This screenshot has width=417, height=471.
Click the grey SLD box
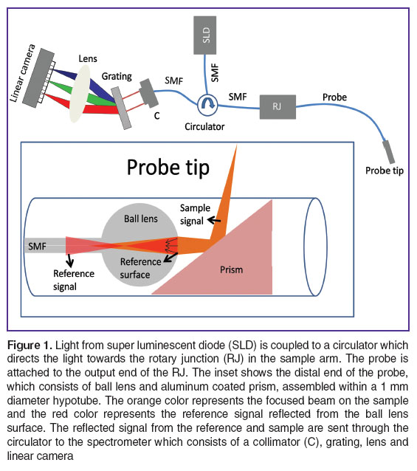coord(204,35)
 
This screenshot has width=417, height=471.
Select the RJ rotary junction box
coord(278,107)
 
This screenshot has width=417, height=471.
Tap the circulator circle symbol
coord(207,105)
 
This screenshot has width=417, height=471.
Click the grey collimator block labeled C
coord(149,93)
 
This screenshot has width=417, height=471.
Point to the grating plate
coord(121,108)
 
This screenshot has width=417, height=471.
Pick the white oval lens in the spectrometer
coord(80,94)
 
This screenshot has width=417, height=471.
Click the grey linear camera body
coord(38,77)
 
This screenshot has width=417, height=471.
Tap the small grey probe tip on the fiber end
coord(388,151)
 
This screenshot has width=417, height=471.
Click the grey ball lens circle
coord(139,245)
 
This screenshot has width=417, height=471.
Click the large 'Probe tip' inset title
coord(168,168)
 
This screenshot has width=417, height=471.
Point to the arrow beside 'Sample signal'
coord(214,220)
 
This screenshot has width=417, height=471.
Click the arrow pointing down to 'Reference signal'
coord(70,260)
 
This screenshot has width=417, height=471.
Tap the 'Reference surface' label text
coord(140,268)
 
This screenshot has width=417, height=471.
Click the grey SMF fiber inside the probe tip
coord(45,245)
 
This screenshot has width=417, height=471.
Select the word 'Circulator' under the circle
coord(204,127)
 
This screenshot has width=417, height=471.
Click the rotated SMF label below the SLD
coord(215,72)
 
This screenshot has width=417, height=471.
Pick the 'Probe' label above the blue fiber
coord(334,97)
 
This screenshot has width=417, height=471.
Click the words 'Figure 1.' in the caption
coord(30,345)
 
